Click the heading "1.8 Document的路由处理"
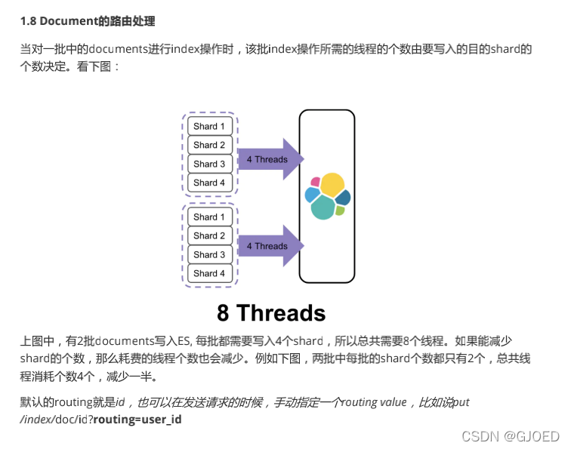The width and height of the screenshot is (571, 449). click(88, 21)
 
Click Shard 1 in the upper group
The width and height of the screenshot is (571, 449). click(209, 126)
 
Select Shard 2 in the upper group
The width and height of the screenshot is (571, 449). click(209, 145)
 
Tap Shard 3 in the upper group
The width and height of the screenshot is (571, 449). click(209, 164)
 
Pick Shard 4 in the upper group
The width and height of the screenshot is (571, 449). click(209, 183)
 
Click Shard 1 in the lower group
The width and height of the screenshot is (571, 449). click(209, 217)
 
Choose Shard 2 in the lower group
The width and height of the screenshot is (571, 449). click(209, 235)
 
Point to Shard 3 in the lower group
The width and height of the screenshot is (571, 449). click(209, 254)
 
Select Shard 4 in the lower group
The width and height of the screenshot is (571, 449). click(209, 273)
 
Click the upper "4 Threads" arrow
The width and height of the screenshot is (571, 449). click(269, 159)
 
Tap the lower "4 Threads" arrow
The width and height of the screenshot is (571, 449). click(269, 246)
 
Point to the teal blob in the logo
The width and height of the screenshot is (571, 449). click(323, 207)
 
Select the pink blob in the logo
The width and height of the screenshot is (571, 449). click(316, 182)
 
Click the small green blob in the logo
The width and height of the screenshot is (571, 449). click(340, 211)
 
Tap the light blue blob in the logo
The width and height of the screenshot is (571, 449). click(311, 195)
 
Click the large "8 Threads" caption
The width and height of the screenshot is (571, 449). click(271, 312)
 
